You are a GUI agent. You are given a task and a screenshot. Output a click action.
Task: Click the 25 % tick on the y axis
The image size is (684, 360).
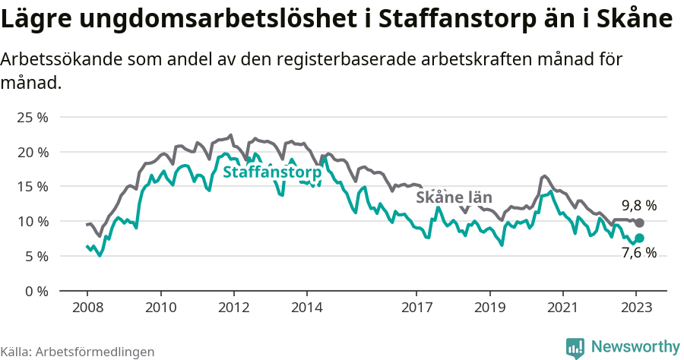[x=32, y=117]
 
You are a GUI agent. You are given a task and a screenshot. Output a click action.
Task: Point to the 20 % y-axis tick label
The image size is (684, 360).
[x=32, y=152]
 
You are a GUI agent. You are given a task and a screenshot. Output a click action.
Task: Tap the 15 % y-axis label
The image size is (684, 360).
[x=32, y=186]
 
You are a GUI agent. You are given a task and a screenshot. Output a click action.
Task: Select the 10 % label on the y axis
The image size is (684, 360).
[x=32, y=221]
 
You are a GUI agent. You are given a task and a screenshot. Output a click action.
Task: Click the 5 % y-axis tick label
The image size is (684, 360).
[x=36, y=256]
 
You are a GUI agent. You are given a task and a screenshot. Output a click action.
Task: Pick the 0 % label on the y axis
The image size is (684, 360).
[x=36, y=290]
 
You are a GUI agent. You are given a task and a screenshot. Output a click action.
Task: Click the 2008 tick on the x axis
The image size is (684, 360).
[x=87, y=308]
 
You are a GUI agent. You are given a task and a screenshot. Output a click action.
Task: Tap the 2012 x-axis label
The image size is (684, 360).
[x=233, y=308]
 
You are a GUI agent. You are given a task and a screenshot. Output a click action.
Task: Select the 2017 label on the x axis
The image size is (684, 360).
[x=416, y=308]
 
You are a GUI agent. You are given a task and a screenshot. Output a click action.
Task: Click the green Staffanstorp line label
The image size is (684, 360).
[x=272, y=173]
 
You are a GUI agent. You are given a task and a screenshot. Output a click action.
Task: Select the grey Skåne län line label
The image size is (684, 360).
[x=453, y=197]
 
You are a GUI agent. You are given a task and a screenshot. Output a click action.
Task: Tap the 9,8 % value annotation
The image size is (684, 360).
[x=638, y=206]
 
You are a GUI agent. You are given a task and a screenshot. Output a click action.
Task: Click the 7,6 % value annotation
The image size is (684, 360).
[x=638, y=253]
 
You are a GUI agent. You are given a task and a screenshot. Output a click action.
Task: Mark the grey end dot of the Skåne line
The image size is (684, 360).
[x=639, y=223]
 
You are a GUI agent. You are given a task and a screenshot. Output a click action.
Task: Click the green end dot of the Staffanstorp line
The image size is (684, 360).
[x=639, y=238]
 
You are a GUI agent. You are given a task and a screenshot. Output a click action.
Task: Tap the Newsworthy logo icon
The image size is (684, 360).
[x=575, y=348]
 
